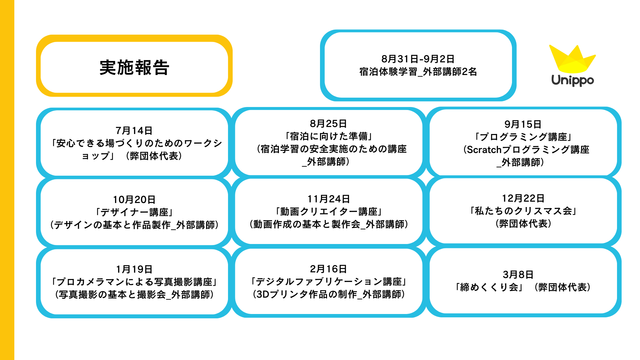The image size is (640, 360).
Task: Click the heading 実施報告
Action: click(x=134, y=67)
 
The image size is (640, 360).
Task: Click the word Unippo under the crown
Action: click(x=572, y=80)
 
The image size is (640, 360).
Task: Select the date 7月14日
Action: click(x=134, y=130)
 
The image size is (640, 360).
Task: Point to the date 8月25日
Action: click(x=328, y=124)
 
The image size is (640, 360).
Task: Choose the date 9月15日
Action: click(x=523, y=124)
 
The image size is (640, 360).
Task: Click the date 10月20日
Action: click(x=134, y=199)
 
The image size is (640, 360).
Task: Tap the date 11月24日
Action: click(x=328, y=199)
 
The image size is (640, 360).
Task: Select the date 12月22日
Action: click(x=523, y=198)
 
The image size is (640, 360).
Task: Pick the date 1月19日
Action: click(x=134, y=269)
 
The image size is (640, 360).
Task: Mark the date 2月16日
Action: click(x=328, y=269)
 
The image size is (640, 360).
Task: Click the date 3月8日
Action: click(x=518, y=274)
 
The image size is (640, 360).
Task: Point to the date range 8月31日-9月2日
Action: click(x=418, y=59)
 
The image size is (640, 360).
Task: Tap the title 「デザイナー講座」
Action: click(x=134, y=212)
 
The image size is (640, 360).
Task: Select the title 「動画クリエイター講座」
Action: click(x=328, y=212)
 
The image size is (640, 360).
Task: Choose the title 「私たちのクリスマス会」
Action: click(x=523, y=211)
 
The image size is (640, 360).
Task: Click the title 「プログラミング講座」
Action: click(x=523, y=137)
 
